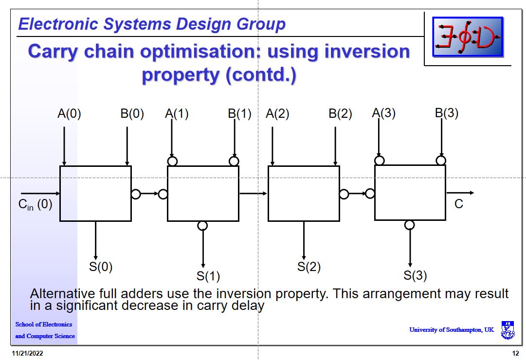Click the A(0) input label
[x=69, y=114]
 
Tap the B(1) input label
[x=239, y=114]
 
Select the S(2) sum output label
[x=309, y=267]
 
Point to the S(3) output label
[x=415, y=276]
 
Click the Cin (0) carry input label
[x=35, y=204]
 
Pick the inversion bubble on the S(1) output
[x=203, y=225]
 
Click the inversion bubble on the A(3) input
[x=380, y=161]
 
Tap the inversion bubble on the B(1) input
[x=234, y=161]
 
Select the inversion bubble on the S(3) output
[x=410, y=225]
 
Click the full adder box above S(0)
[x=95, y=194]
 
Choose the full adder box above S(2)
[x=304, y=194]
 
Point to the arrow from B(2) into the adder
[x=335, y=146]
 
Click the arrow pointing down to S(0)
[x=95, y=240]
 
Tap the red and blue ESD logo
[x=468, y=36]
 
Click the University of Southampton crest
[x=508, y=330]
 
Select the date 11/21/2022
[x=27, y=354]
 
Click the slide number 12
[x=515, y=354]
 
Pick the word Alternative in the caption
[x=62, y=294]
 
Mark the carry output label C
[x=458, y=204]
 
